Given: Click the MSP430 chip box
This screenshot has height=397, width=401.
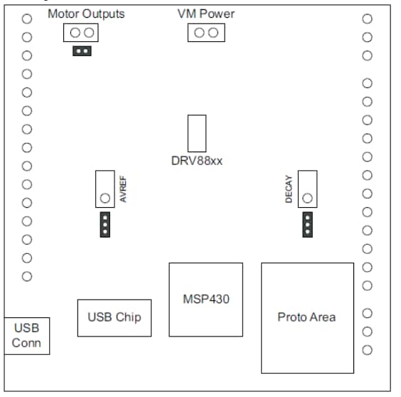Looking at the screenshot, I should pos(205,300).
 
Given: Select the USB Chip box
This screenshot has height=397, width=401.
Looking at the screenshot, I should pos(114,317).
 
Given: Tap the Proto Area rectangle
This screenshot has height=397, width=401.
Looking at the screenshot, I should pos(307,317).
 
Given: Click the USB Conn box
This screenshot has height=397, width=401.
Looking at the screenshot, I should pos(27,336).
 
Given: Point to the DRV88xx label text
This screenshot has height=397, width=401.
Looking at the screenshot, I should pos(197,161).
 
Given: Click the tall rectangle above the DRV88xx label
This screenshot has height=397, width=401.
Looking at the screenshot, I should pos(197,133).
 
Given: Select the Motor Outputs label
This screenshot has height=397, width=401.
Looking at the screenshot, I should pos(86,14).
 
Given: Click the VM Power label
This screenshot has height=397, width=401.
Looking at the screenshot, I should pos(205,14).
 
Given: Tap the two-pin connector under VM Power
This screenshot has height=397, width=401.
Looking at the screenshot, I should pos(206,33).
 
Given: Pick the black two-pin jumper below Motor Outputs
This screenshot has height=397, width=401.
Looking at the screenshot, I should pos(82,51).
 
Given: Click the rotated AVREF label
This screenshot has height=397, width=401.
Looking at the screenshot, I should pos(123,190).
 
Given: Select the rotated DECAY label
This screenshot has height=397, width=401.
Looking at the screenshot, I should pos(289,190).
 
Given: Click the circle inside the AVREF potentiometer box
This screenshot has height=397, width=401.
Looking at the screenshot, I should pos(105,198).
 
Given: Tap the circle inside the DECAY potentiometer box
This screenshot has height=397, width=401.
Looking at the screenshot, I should pos(307,198).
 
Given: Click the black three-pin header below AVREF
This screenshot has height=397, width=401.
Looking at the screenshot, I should pos(105,224).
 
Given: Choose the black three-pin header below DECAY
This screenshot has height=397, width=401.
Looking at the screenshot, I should pos(307,224).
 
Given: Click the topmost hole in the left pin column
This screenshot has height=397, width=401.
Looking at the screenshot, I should pos(27,18).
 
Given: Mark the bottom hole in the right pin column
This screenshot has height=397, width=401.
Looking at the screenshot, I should pos(368,350).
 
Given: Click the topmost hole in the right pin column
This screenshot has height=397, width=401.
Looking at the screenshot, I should pos(368,18).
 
